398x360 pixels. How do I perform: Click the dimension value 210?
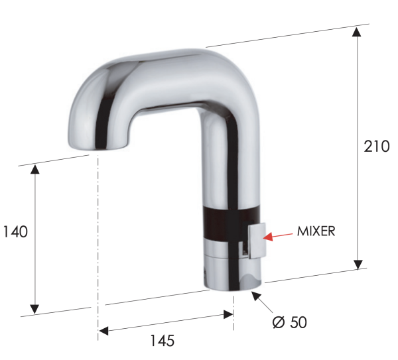pyautogui.click(x=376, y=147)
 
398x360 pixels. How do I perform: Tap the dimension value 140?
pyautogui.click(x=15, y=232)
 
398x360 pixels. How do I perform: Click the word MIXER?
pyautogui.click(x=316, y=231)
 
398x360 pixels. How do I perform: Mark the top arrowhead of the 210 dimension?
pyautogui.click(x=358, y=32)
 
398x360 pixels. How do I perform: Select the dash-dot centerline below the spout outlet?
pyautogui.click(x=98, y=232)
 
